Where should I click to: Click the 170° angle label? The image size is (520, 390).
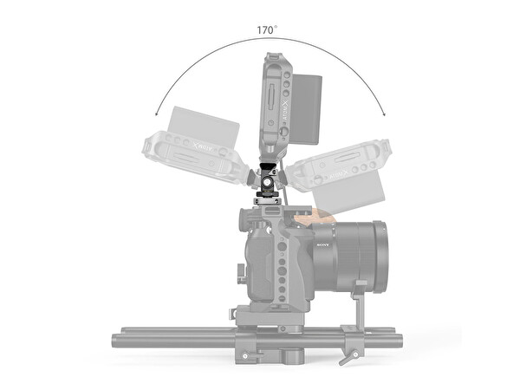click(267, 29)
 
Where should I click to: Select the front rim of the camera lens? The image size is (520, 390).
click(381, 257)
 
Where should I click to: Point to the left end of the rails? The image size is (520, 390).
click(115, 337)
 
